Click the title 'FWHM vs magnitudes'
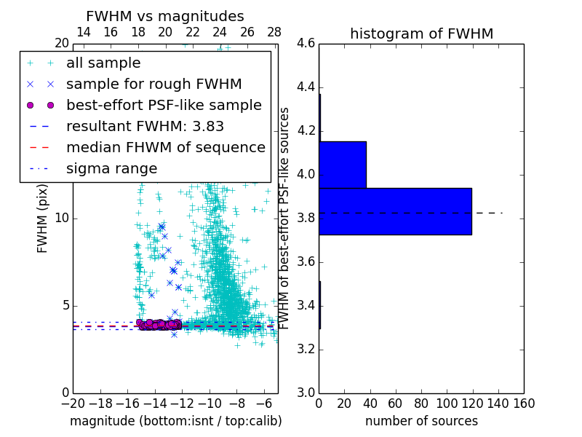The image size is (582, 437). click(164, 17)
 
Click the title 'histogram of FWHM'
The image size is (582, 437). click(421, 34)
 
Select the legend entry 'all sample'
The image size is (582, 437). click(103, 63)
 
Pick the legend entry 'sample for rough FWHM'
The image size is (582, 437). click(154, 84)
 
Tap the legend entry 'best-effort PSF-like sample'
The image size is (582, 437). click(164, 106)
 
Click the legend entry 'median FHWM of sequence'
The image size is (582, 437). click(165, 148)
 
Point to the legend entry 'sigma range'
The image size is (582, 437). click(111, 169)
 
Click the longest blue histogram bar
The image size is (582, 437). click(395, 211)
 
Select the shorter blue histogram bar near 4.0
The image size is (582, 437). click(343, 165)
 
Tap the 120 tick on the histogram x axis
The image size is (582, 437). click(472, 403)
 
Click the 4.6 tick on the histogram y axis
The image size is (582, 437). click(306, 44)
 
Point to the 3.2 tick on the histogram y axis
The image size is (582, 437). click(306, 349)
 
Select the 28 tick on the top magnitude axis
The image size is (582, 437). click(274, 32)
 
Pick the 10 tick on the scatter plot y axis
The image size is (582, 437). click(62, 219)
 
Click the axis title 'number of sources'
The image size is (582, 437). click(421, 421)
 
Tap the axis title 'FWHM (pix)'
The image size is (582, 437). click(43, 219)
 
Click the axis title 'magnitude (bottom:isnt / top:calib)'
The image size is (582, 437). click(175, 421)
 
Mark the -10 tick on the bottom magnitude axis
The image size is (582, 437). click(210, 403)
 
